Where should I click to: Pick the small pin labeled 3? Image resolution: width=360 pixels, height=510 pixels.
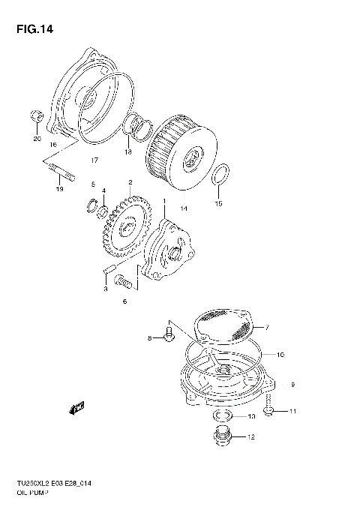[108, 268]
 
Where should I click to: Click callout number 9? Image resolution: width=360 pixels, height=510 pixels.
[292, 385]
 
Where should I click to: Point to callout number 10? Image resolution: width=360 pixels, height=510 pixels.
[281, 354]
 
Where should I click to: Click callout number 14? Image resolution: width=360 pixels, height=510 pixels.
[184, 207]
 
